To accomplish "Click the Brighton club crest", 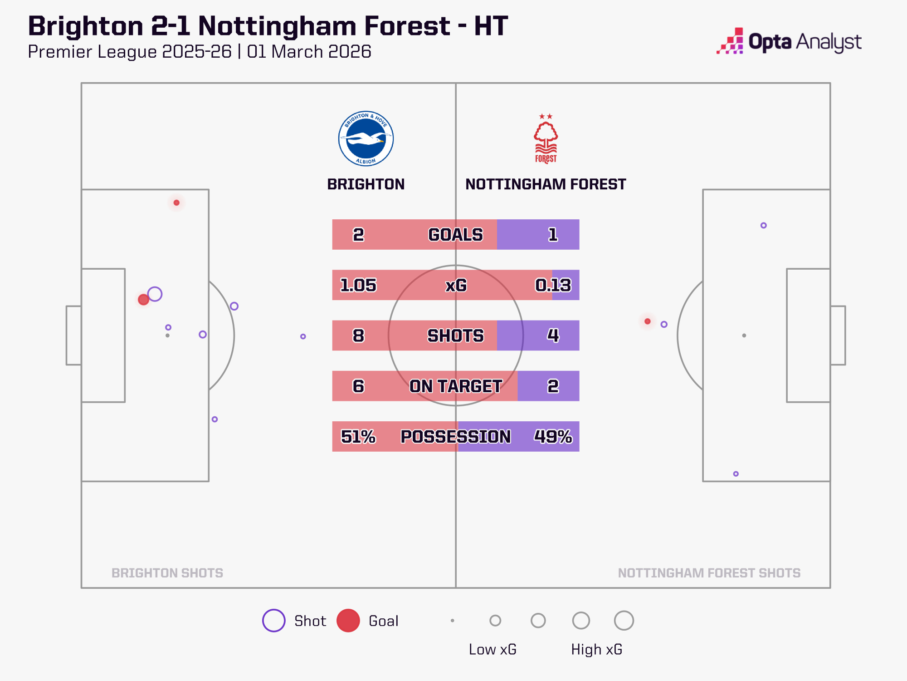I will [x=366, y=138].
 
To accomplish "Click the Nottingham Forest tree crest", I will [x=546, y=138].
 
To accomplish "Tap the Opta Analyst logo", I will [x=789, y=42].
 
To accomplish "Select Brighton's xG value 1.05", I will [x=358, y=285].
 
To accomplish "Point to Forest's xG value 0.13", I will [x=553, y=285].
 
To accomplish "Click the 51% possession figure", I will [x=358, y=436].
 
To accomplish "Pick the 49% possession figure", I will [x=553, y=436].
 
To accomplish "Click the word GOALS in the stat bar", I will [x=456, y=235].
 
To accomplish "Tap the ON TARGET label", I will [x=456, y=386].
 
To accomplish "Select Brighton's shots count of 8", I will [x=358, y=336].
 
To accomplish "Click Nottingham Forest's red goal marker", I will [x=648, y=321].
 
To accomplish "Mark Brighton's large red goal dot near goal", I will [x=143, y=300].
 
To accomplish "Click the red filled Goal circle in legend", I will [x=348, y=621].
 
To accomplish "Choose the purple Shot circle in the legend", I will [x=274, y=621].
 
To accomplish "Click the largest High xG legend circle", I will [x=624, y=621].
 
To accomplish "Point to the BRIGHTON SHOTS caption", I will [x=167, y=573].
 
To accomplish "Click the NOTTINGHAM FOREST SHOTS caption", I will [x=709, y=573].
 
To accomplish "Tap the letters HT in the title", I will [x=491, y=26].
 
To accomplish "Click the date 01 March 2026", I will [x=309, y=52].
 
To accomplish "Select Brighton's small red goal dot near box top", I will [x=176, y=202].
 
